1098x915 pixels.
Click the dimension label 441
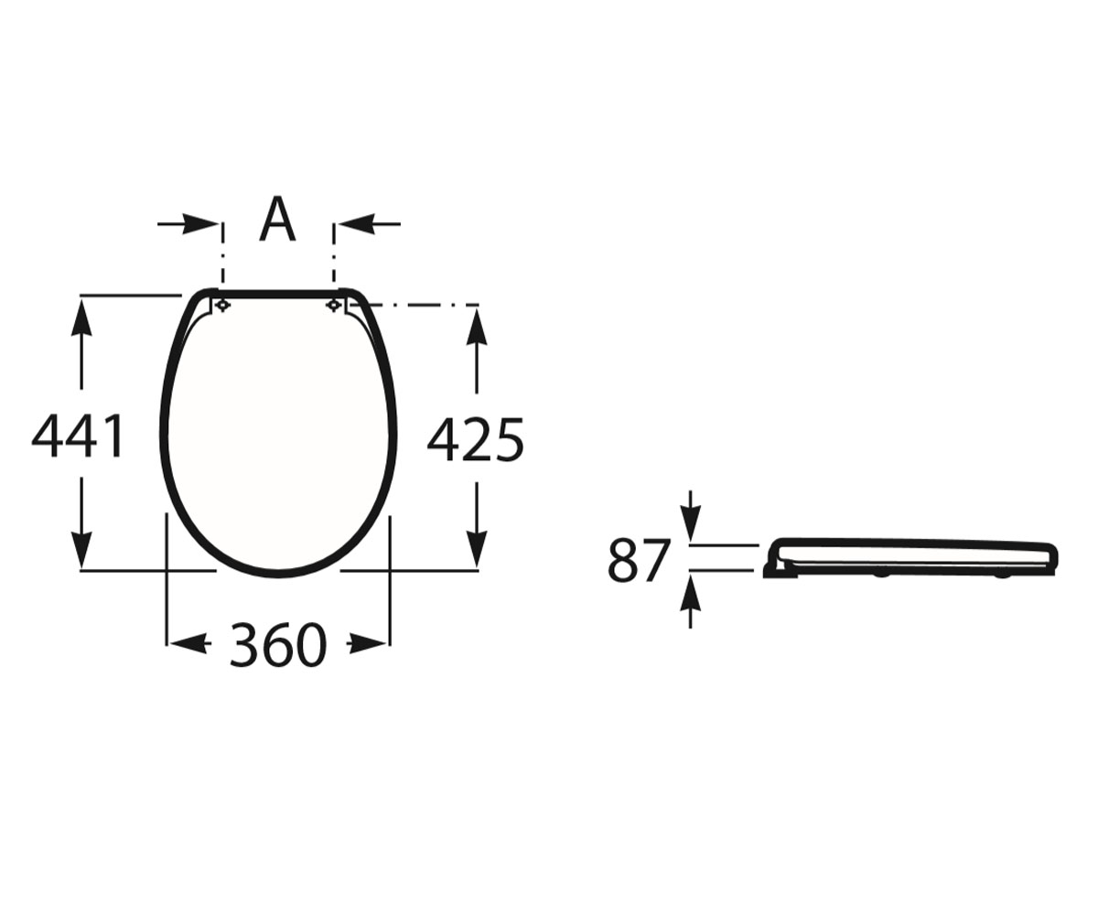click(x=78, y=436)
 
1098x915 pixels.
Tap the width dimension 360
click(x=278, y=645)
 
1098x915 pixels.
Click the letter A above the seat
click(x=277, y=219)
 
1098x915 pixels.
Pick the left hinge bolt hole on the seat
click(x=223, y=306)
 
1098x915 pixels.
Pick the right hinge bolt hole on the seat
click(x=334, y=306)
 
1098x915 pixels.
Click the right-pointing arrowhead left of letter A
click(x=201, y=224)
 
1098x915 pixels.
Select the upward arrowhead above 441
click(x=81, y=318)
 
